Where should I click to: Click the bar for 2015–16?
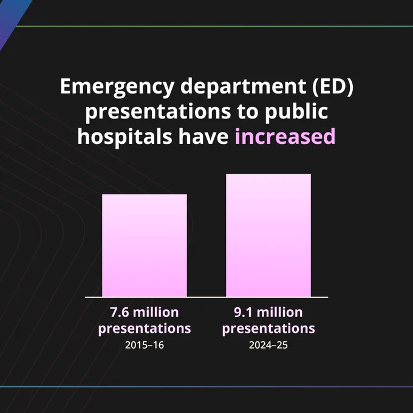145,245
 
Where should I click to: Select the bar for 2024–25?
268,235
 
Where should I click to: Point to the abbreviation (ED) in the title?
333,87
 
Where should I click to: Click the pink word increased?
285,137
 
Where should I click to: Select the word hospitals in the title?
125,137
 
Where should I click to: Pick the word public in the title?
296,112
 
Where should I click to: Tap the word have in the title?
203,137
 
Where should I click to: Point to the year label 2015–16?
145,345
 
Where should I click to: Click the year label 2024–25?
268,345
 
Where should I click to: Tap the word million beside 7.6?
156,312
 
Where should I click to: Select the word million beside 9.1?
280,312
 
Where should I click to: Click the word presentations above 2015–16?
145,329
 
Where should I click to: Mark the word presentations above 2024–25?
268,329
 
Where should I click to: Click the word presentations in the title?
158,112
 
